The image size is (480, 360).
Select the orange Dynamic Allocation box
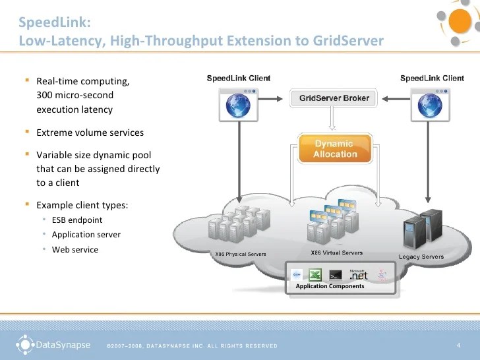click(x=334, y=149)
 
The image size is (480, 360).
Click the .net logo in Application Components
click(x=358, y=274)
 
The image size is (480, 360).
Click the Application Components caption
click(x=330, y=286)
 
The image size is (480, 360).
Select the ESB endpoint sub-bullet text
click(x=76, y=220)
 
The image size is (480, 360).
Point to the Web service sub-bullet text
click(x=75, y=250)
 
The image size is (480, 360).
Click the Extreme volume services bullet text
click(x=90, y=133)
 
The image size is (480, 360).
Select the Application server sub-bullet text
click(x=86, y=235)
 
